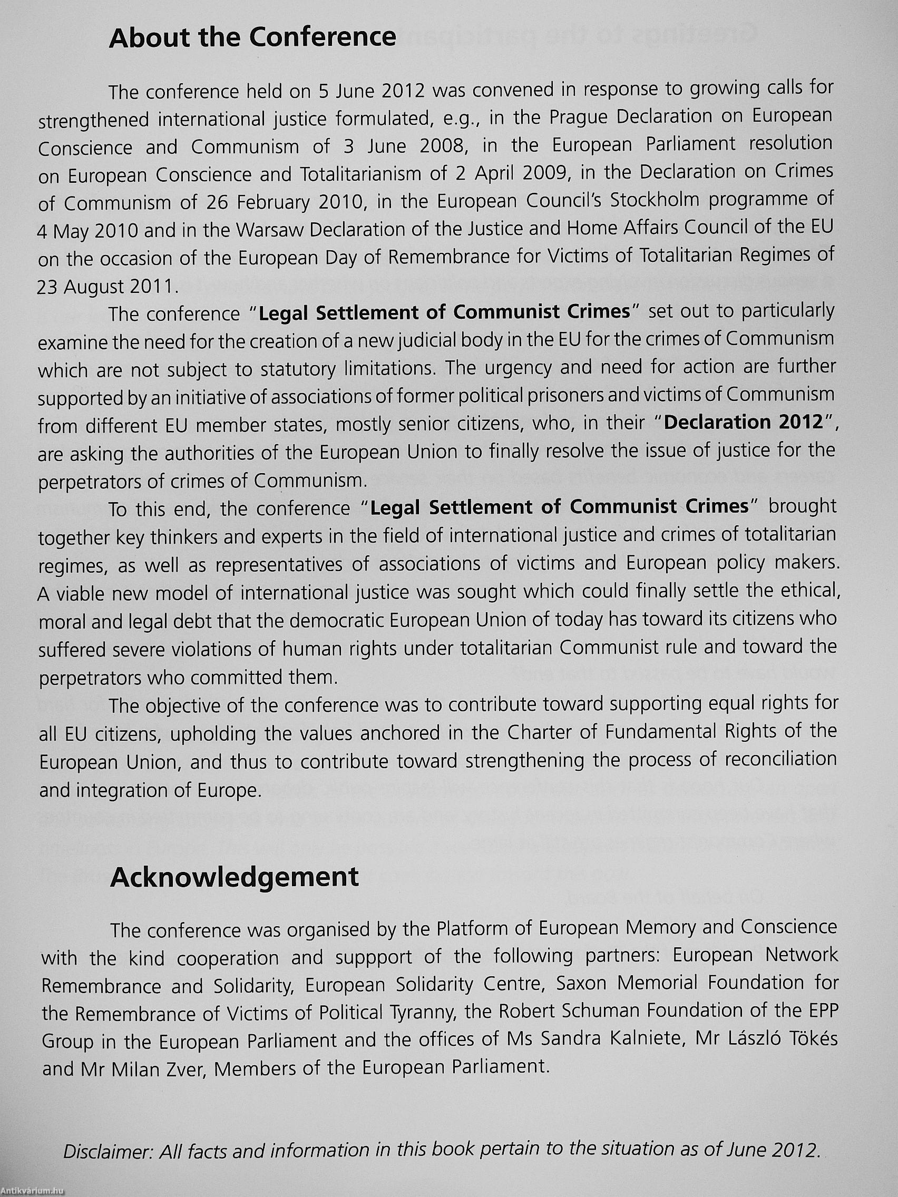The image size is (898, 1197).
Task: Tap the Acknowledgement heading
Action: [234, 877]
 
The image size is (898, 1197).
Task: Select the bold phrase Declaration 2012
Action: [743, 423]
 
